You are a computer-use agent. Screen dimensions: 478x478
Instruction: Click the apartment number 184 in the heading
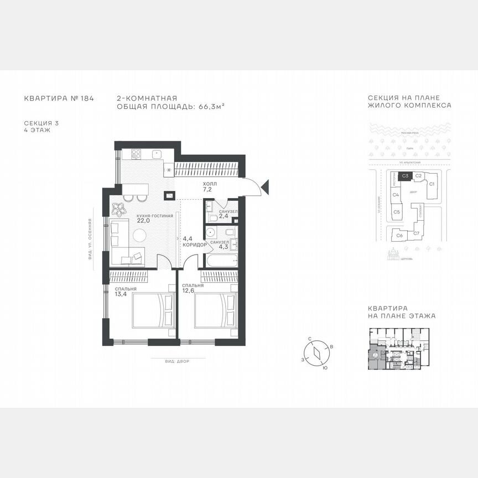click(87, 98)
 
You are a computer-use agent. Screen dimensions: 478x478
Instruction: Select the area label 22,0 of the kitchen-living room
click(128, 221)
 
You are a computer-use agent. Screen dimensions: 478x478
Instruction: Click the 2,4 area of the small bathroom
click(224, 216)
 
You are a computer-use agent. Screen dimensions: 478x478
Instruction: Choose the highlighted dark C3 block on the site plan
click(405, 176)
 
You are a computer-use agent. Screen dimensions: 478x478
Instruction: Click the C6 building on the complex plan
click(399, 235)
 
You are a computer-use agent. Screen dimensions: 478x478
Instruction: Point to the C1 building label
click(432, 183)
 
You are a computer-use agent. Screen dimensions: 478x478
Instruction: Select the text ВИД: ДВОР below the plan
click(177, 361)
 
